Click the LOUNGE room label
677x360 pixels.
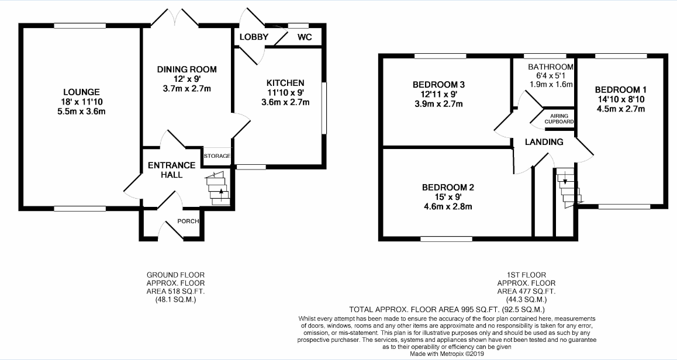(81, 92)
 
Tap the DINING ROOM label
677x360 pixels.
(186, 70)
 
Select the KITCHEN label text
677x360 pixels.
(285, 83)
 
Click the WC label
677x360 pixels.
(305, 37)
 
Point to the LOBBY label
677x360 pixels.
(254, 37)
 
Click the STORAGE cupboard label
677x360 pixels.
(217, 156)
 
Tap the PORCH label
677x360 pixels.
(188, 221)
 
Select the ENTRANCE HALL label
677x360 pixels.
(171, 170)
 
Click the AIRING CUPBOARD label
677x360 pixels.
(559, 119)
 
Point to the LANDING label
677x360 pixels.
(544, 142)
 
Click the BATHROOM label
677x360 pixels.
(551, 67)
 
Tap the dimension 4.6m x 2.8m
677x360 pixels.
(448, 206)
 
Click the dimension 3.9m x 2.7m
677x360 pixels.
(438, 104)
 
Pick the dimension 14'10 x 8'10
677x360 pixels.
(620, 99)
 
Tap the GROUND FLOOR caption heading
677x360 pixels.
(175, 275)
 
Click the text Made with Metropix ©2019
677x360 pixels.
(447, 354)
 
